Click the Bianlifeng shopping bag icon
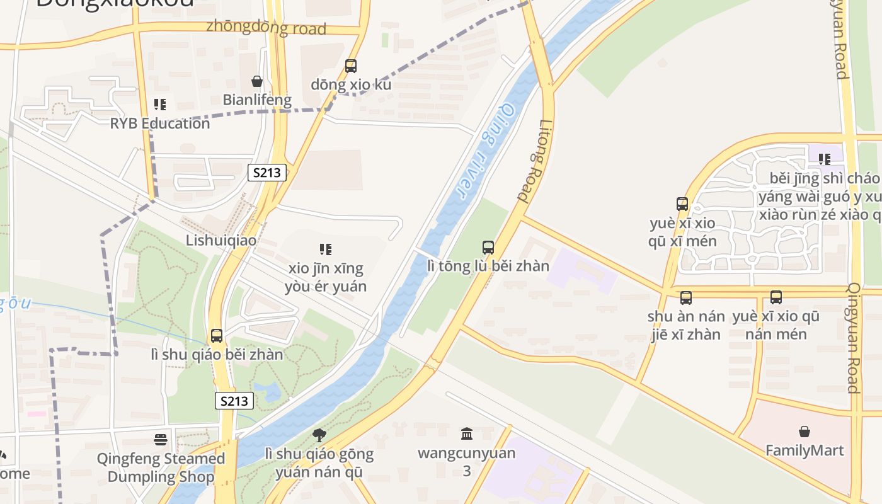point(257,81)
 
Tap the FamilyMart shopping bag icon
point(805,432)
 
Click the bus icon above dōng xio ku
point(351,66)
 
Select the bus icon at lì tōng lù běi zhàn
point(488,248)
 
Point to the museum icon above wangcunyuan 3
point(467,433)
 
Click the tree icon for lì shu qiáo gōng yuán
point(319,435)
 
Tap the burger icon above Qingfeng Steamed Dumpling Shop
point(161,439)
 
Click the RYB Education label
point(160,123)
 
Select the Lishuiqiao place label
point(221,240)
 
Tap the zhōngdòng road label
point(266,28)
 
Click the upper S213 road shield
point(267,173)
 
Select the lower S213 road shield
point(234,401)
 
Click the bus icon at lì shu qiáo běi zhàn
point(217,336)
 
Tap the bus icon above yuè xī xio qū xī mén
point(682,204)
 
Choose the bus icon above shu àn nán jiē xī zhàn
point(686,297)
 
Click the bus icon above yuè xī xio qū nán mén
point(776,297)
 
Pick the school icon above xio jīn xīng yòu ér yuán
point(325,249)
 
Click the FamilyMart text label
point(804,450)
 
